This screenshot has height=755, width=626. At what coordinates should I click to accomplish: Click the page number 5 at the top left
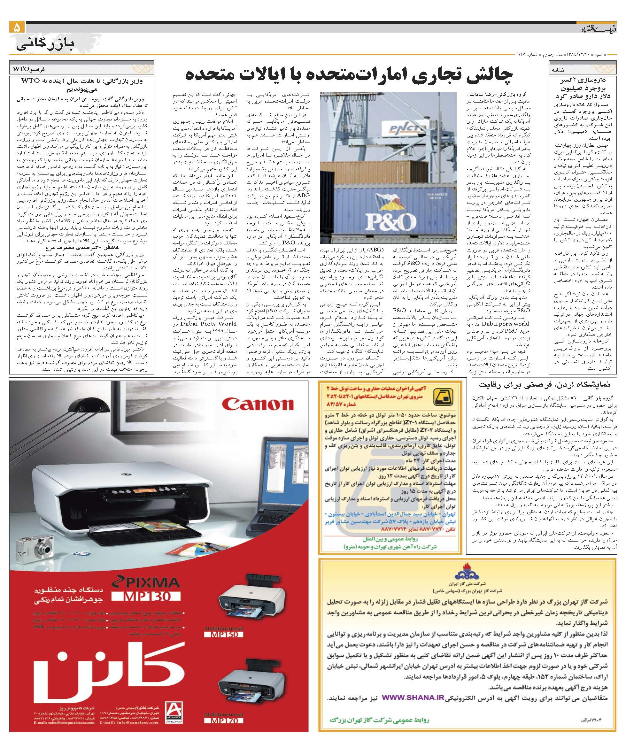(x=17, y=28)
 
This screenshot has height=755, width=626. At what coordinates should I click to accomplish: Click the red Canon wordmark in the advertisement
(x=258, y=404)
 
